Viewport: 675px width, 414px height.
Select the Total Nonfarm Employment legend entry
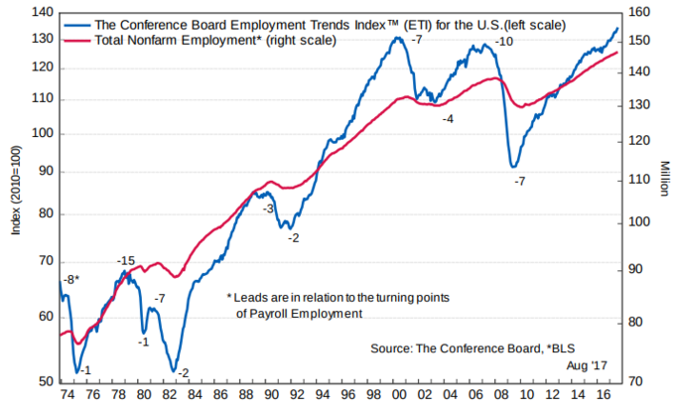click(214, 41)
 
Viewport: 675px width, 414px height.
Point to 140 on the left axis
click(44, 13)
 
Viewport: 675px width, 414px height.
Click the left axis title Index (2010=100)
click(15, 196)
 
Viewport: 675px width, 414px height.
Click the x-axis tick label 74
click(67, 396)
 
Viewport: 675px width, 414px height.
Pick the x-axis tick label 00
click(397, 396)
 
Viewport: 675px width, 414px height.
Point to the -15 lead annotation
click(125, 261)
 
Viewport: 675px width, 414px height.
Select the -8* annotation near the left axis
click(70, 280)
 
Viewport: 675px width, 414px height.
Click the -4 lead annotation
click(448, 118)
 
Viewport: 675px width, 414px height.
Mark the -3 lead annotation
click(267, 208)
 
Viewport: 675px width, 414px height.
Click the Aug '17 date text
click(588, 366)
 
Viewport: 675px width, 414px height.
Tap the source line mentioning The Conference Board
click(472, 348)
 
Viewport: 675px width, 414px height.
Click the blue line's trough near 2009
click(513, 166)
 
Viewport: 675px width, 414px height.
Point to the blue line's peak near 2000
click(397, 38)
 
